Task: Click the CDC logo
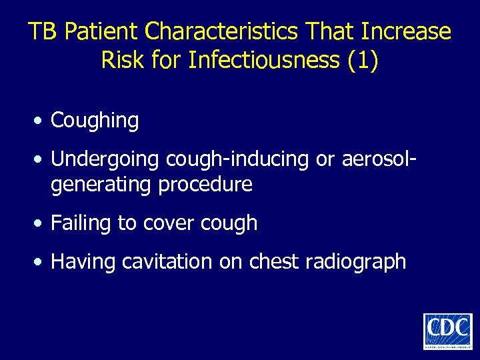tap(447, 331)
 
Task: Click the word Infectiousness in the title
tap(264, 60)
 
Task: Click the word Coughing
tap(95, 121)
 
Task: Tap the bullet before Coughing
tap(41, 121)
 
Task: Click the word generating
tap(101, 184)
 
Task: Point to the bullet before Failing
tap(41, 223)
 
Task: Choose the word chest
tap(274, 261)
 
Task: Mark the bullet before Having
tap(41, 262)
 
